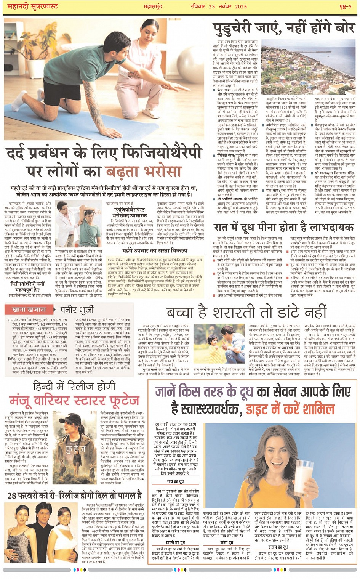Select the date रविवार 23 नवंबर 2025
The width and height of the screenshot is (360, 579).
click(x=219, y=6)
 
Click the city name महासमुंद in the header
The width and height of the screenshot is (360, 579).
click(x=153, y=6)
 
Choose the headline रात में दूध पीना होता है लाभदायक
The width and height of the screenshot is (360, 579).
click(x=284, y=228)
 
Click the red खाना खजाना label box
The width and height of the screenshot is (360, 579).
click(x=29, y=310)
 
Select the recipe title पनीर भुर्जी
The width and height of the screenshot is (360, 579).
click(x=77, y=310)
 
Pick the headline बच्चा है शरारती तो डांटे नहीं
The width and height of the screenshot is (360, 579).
click(x=246, y=312)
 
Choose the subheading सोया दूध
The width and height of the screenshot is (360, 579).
click(x=226, y=542)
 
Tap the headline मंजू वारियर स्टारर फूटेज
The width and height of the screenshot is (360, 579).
click(x=74, y=401)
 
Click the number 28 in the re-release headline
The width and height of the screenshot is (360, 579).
click(x=12, y=496)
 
